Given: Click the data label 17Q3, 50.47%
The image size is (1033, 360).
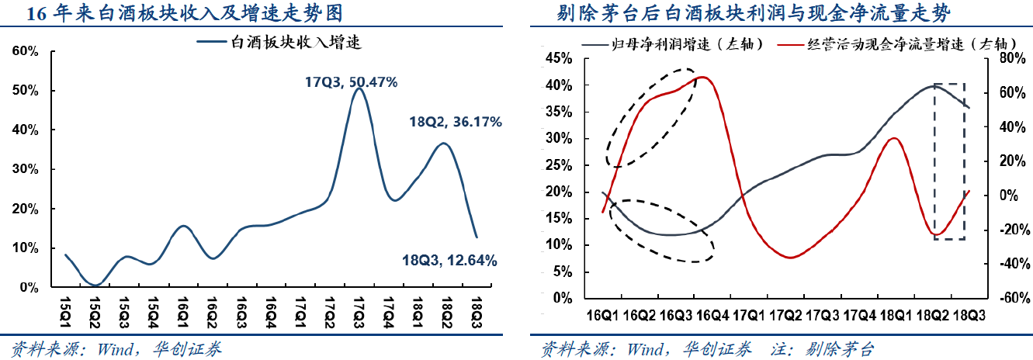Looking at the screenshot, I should point(351,81).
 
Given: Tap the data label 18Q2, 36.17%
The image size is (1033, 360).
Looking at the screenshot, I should point(456,122).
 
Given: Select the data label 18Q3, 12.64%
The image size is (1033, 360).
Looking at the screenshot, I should point(449,260).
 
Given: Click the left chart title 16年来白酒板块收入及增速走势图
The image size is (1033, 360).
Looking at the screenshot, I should point(183,13).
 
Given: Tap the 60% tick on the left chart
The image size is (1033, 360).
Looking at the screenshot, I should point(26,51).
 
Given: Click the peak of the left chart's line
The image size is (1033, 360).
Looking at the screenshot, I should point(358,88).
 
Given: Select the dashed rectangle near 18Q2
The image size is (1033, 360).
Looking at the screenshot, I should point(949,161).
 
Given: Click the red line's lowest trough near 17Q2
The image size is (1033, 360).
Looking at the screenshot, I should point(790,257).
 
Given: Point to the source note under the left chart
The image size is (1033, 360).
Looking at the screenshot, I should point(116,349).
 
